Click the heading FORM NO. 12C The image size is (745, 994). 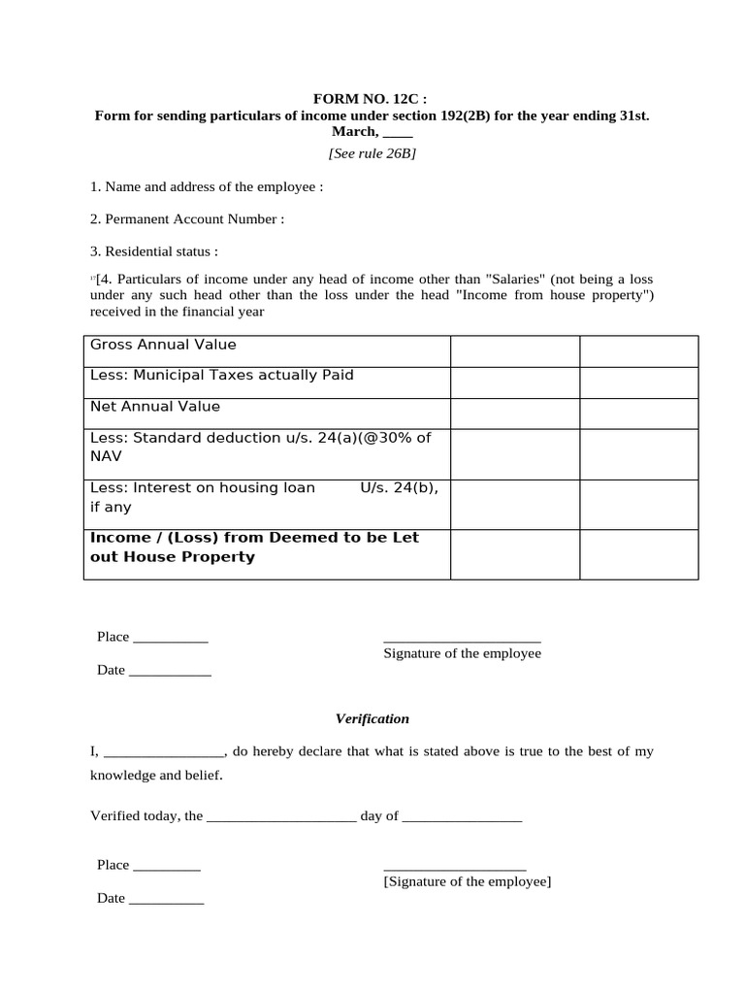click(372, 99)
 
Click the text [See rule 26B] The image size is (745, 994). click(372, 152)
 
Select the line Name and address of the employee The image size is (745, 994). click(207, 186)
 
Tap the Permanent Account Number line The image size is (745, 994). click(187, 219)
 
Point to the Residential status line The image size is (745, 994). click(154, 251)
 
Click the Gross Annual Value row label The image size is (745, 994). click(163, 345)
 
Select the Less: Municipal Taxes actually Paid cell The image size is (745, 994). click(222, 376)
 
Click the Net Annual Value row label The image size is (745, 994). click(155, 407)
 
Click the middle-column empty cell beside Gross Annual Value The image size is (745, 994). click(515, 351)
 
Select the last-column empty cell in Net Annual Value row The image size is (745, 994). click(638, 414)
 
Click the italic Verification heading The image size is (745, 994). click(372, 719)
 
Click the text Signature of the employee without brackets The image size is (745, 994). click(462, 654)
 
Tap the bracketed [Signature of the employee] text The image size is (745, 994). click(468, 881)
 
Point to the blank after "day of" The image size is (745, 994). click(462, 817)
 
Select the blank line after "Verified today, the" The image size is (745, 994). click(281, 817)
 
